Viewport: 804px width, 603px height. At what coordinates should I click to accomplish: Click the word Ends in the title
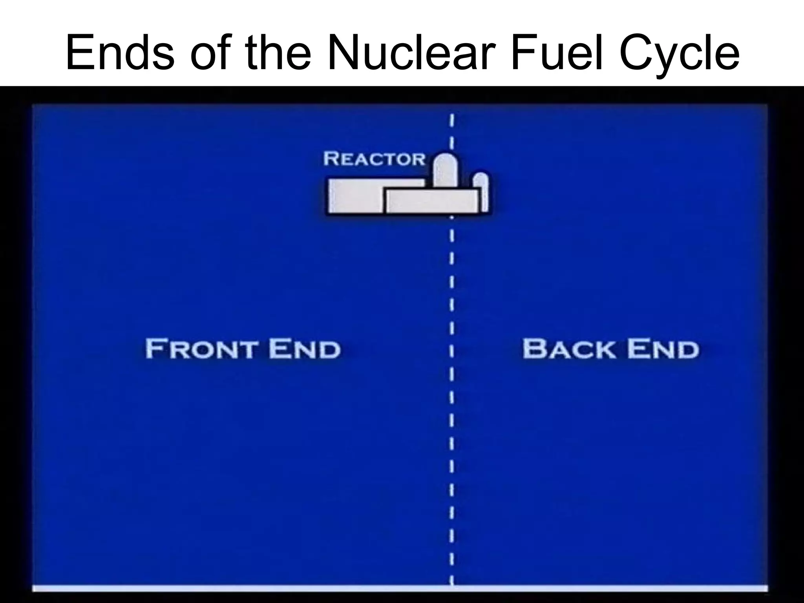tap(120, 51)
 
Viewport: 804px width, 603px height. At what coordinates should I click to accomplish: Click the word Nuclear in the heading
tap(410, 51)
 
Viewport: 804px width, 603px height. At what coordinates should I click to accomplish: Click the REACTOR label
tap(374, 159)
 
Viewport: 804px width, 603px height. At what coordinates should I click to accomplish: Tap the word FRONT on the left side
tap(201, 349)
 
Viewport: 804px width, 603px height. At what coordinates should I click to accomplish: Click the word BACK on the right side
tap(569, 349)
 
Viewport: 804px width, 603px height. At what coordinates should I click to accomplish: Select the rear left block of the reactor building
tap(355, 196)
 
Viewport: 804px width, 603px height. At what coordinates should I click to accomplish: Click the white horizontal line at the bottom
tap(400, 588)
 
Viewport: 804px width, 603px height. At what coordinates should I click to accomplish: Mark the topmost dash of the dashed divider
tap(452, 120)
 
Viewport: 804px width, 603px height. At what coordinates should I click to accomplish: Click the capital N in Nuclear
tap(345, 51)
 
